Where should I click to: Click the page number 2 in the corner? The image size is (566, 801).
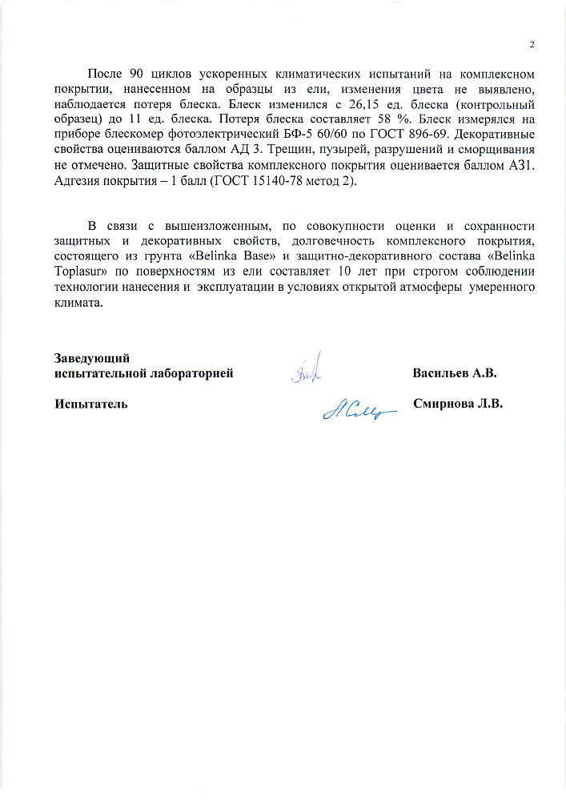pos(532,43)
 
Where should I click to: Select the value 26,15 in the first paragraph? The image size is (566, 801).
pos(355,104)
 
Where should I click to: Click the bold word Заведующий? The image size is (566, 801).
pos(92,358)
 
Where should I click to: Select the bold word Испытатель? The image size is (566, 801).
pos(91,404)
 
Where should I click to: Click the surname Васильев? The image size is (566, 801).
pos(441,373)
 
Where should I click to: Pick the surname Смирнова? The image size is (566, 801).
pos(443,404)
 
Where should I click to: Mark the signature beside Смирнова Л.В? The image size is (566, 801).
pos(358,409)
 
